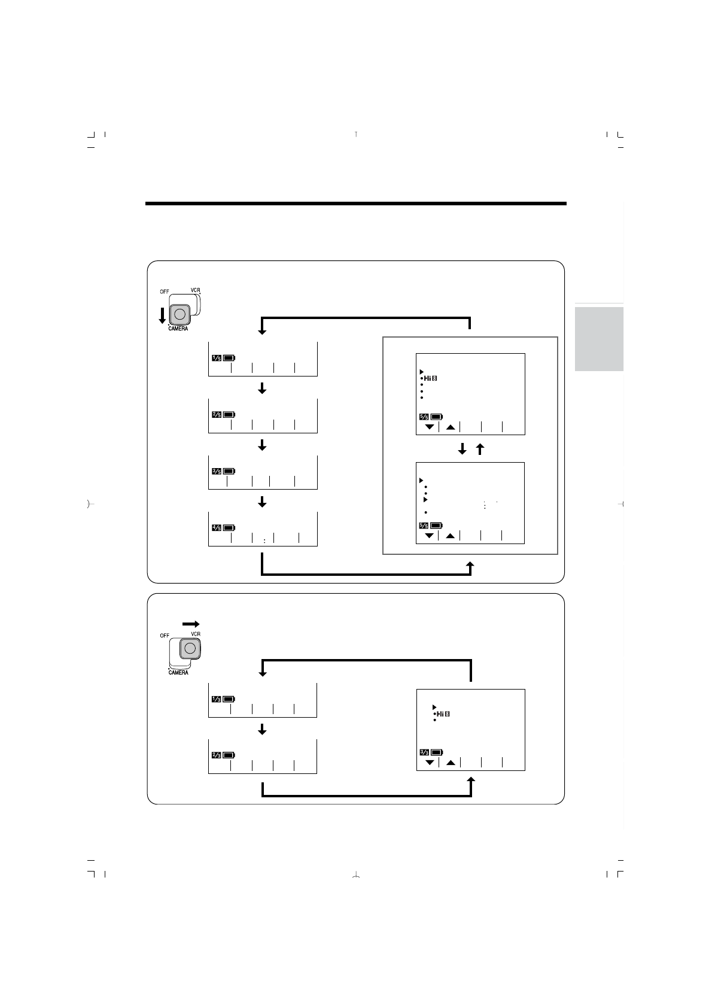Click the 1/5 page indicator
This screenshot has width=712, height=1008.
pyautogui.click(x=217, y=358)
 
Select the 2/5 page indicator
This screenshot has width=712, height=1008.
pyautogui.click(x=217, y=414)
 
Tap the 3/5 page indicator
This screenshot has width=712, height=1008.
pyautogui.click(x=217, y=471)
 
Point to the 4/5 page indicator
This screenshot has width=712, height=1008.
pyautogui.click(x=217, y=527)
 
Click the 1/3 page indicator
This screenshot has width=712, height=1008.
pyautogui.click(x=217, y=699)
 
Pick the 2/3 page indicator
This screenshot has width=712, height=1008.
pyautogui.click(x=217, y=755)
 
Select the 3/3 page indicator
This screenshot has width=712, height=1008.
pyautogui.click(x=424, y=752)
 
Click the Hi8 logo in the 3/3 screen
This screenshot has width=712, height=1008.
pyautogui.click(x=443, y=714)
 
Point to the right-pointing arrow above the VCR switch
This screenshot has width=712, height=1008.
pyautogui.click(x=190, y=624)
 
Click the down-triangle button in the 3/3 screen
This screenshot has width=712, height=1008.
pyautogui.click(x=429, y=763)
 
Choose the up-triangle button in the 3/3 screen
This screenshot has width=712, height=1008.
pyautogui.click(x=451, y=763)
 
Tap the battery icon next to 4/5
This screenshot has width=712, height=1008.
pyautogui.click(x=229, y=527)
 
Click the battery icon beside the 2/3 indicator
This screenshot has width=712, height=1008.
pyautogui.click(x=229, y=755)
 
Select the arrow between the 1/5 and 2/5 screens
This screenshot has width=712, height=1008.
pyautogui.click(x=261, y=389)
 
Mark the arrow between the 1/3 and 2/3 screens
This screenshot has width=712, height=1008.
pyautogui.click(x=261, y=730)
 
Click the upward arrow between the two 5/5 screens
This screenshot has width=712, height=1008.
pyautogui.click(x=479, y=449)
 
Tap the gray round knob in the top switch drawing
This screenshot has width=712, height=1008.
pyautogui.click(x=181, y=314)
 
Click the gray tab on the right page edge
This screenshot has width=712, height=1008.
pyautogui.click(x=599, y=339)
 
